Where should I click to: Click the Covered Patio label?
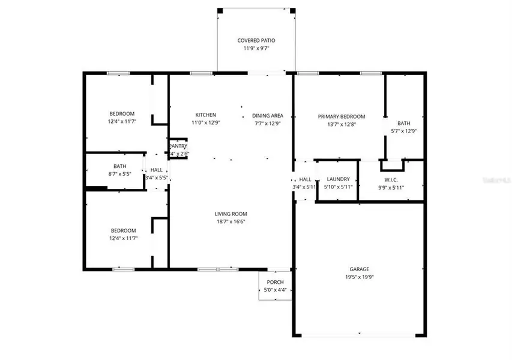256,41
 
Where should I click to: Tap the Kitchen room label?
206,115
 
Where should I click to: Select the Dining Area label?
268,116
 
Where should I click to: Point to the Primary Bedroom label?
342,117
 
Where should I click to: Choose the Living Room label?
231,214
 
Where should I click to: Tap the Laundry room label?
338,179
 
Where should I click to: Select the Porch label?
276,283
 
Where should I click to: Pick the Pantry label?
178,146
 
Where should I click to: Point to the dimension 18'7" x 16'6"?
231,221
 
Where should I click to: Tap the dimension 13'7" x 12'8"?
342,125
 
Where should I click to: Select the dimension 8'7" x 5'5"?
120,175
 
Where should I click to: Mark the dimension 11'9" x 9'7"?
256,49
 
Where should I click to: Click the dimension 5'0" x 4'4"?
276,290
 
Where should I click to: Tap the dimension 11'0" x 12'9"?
206,123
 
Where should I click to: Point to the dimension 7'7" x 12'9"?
268,124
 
